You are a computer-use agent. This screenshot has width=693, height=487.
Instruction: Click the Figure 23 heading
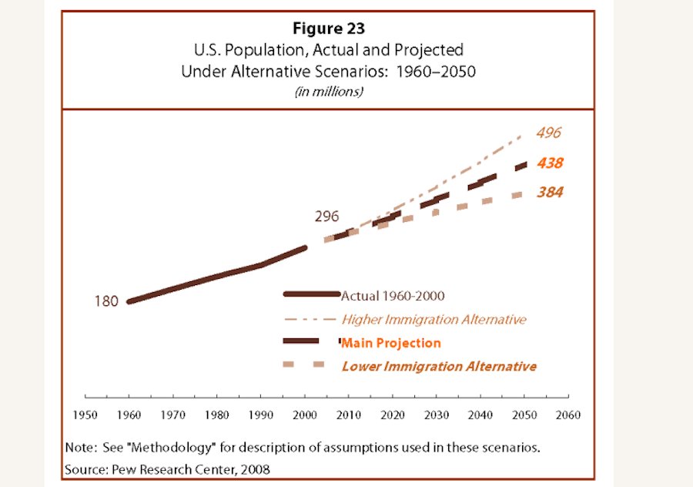tap(328, 29)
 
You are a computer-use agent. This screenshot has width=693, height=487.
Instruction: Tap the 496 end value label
tap(549, 133)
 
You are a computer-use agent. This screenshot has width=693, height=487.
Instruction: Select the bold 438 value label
tap(550, 163)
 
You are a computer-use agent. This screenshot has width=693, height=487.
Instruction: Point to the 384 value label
tap(549, 192)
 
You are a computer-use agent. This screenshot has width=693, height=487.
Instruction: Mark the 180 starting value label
tap(106, 301)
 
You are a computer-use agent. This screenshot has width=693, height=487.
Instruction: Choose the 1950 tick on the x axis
tap(85, 415)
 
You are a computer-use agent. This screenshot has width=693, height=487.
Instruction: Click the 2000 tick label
tap(306, 415)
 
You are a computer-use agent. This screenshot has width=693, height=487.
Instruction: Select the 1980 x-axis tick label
tap(218, 415)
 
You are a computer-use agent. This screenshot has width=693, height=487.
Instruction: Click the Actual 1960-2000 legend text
tap(393, 295)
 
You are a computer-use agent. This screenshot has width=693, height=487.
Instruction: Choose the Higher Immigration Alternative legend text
tap(434, 319)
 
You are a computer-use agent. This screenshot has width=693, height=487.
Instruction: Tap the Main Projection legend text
tap(391, 343)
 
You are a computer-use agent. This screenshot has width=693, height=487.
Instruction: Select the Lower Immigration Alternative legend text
tap(439, 366)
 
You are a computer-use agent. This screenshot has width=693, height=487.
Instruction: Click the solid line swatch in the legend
tap(311, 294)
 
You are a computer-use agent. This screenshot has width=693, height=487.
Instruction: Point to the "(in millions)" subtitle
tap(328, 91)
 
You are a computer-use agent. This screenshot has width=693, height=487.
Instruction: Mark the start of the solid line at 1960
tap(129, 301)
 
